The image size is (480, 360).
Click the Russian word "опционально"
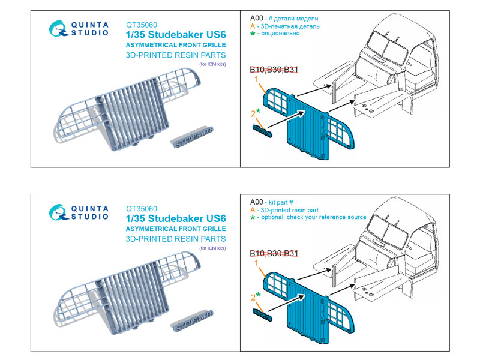(x=280, y=34)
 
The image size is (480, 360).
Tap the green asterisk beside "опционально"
(x=253, y=34)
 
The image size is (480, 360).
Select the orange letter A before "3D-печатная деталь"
(x=253, y=26)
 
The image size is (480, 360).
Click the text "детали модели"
(x=296, y=19)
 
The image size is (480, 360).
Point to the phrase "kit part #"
(x=281, y=202)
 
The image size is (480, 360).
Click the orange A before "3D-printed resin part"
(x=253, y=210)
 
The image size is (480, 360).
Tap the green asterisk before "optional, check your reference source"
(x=253, y=218)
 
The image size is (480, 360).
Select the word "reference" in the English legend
(x=332, y=217)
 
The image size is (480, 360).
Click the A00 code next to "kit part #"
(x=257, y=202)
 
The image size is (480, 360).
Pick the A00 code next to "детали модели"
(x=257, y=18)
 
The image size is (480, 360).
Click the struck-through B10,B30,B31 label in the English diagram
(x=274, y=253)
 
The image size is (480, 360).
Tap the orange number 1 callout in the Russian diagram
(x=257, y=79)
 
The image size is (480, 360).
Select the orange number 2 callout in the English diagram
(x=253, y=298)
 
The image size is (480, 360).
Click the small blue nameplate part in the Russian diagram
(x=262, y=131)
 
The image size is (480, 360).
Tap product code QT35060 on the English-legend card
(x=142, y=209)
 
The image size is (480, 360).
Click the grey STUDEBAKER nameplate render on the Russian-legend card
(x=192, y=137)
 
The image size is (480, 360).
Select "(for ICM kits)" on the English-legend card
(x=212, y=248)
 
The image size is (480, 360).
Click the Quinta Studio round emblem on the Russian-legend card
(x=58, y=28)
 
